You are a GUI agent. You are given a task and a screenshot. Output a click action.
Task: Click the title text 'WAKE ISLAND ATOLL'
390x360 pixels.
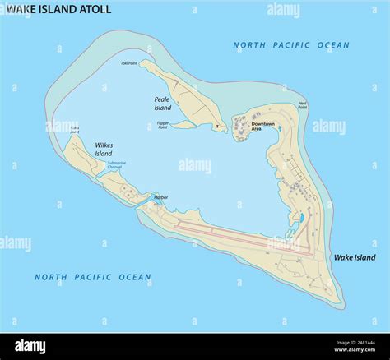click(58, 9)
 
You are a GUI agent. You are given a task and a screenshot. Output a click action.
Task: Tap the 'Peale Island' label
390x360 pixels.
click(163, 104)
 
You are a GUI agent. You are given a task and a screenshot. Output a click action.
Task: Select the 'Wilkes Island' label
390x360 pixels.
click(103, 149)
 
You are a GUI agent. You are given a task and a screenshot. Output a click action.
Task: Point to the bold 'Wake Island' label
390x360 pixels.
click(354, 257)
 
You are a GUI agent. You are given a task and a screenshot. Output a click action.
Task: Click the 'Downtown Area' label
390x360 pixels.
click(263, 127)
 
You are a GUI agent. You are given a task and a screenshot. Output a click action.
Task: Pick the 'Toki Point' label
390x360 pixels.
click(129, 62)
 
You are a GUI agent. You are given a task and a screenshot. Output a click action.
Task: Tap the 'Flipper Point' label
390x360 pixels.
click(163, 126)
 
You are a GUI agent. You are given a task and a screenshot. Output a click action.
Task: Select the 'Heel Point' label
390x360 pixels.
click(303, 104)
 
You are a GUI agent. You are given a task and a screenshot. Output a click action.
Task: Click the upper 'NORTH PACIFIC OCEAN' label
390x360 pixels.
click(290, 46)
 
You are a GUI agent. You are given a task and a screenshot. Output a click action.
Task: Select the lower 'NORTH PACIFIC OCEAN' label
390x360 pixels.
click(92, 277)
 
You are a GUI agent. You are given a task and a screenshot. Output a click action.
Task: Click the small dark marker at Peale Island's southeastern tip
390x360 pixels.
click(218, 127)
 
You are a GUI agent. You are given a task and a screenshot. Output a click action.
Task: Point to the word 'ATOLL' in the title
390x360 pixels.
click(95, 9)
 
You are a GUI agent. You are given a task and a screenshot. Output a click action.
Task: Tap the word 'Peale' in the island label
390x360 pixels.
click(162, 99)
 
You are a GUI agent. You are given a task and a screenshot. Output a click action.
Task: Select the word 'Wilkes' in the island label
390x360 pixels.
click(103, 145)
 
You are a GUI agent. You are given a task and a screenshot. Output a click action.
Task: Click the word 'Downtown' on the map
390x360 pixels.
click(263, 124)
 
